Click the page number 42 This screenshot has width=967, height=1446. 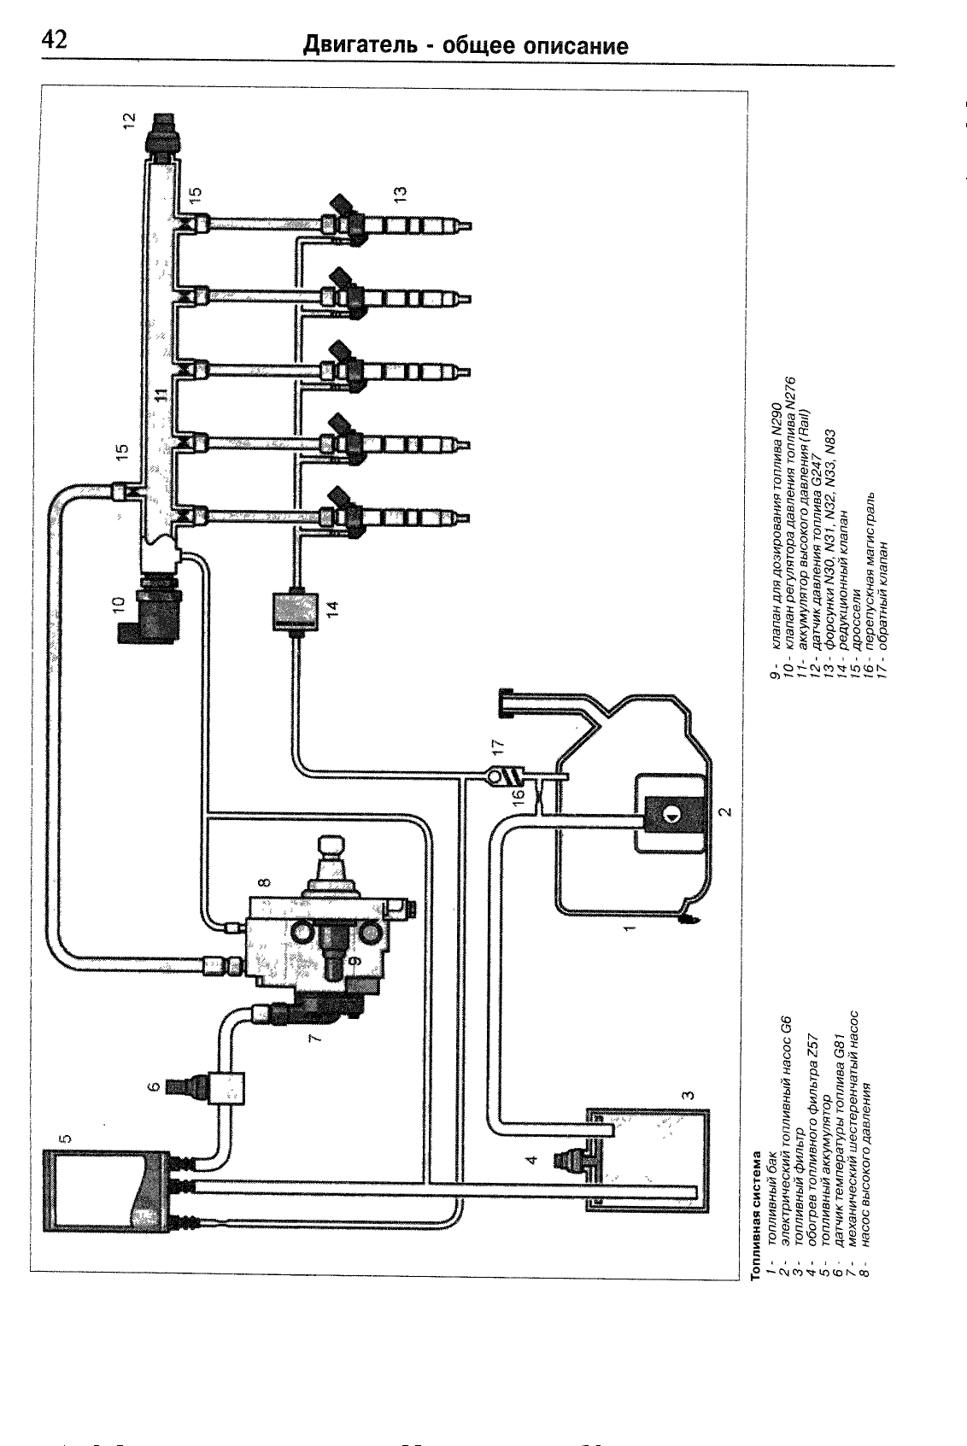[54, 40]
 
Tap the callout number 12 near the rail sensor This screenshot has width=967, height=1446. [130, 120]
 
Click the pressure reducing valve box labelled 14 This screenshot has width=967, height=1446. [295, 612]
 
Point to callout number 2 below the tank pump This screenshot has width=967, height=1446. [727, 811]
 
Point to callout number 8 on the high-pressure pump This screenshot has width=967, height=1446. [265, 881]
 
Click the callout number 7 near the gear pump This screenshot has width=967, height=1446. [314, 1038]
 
